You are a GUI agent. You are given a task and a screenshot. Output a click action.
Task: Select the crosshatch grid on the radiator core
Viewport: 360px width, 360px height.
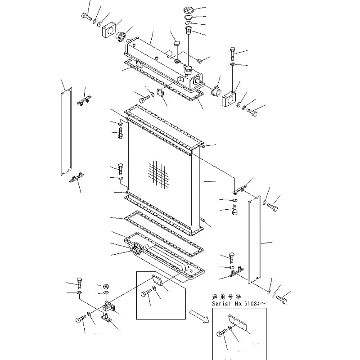pyautogui.click(x=158, y=174)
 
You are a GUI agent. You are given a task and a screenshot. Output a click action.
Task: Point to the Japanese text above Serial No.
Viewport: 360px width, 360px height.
pyautogui.click(x=231, y=297)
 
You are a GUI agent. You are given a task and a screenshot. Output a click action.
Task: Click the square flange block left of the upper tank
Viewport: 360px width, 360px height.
pyautogui.click(x=109, y=31)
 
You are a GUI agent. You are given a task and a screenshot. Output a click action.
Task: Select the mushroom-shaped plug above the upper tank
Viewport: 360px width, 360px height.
pyautogui.click(x=176, y=44)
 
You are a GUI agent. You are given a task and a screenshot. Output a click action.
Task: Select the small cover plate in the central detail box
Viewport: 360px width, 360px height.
pyautogui.click(x=157, y=280)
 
